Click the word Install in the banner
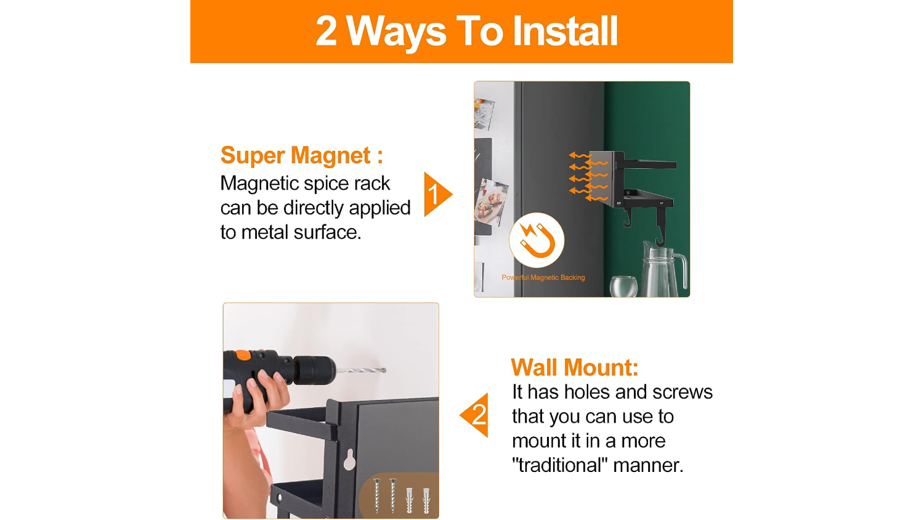565,31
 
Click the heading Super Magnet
302,156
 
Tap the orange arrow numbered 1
438,194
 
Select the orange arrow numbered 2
474,415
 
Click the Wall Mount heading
575,367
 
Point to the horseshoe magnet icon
537,241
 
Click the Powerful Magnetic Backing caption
543,277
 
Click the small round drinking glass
623,286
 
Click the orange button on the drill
243,354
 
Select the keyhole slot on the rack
349,460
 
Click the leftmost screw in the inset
376,495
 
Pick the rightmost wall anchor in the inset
426,501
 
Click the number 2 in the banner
326,31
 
